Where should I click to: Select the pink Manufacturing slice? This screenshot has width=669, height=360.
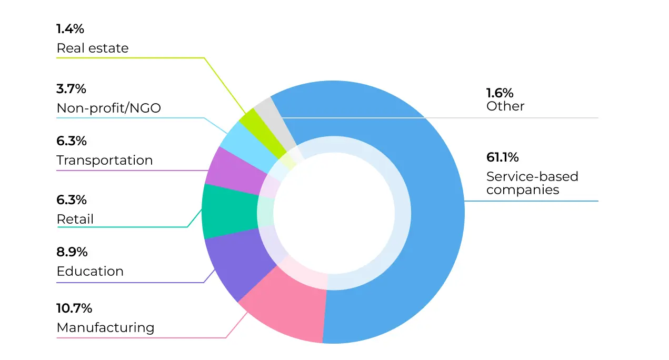(x=284, y=311)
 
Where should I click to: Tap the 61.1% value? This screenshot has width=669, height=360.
(x=502, y=157)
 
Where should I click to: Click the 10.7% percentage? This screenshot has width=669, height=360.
(x=74, y=308)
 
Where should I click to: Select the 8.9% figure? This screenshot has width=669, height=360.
(x=72, y=252)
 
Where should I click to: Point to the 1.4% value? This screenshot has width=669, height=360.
(x=70, y=29)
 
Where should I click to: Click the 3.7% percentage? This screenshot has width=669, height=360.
(x=71, y=88)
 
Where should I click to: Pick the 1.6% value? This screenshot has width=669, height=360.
(x=500, y=93)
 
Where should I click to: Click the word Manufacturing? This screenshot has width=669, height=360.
(x=105, y=327)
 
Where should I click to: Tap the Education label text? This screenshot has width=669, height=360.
(x=90, y=272)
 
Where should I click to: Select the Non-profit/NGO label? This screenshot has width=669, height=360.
(x=108, y=108)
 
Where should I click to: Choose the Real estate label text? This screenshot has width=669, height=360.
(x=92, y=48)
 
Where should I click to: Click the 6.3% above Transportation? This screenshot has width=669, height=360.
(x=72, y=141)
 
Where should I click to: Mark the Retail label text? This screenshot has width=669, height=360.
(x=75, y=219)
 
